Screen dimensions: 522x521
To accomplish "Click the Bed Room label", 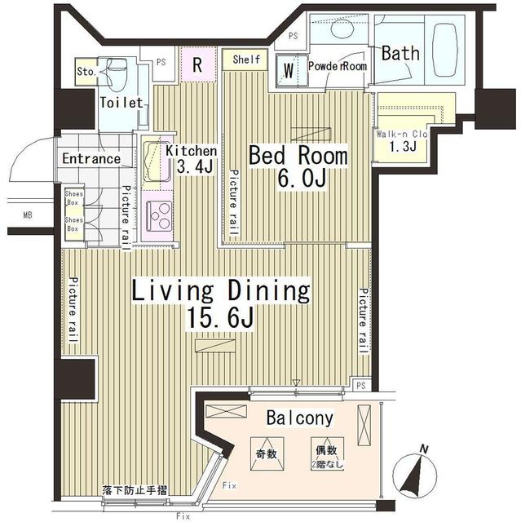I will tap(298, 155).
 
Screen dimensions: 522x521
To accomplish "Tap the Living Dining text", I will tap(222, 290).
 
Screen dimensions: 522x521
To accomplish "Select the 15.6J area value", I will tap(222, 318).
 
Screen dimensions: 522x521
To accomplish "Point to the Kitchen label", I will tap(192, 151).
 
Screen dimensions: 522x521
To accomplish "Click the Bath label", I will tap(401, 54).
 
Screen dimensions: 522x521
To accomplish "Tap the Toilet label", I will tap(121, 103).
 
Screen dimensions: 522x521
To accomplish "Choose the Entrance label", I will tap(91, 159).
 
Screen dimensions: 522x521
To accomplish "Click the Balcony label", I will tap(300, 418).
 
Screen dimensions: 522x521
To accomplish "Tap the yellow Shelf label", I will tap(245, 60).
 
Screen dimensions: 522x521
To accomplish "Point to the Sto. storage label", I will tap(86, 71).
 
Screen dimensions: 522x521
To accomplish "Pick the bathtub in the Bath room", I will tap(444, 50).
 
